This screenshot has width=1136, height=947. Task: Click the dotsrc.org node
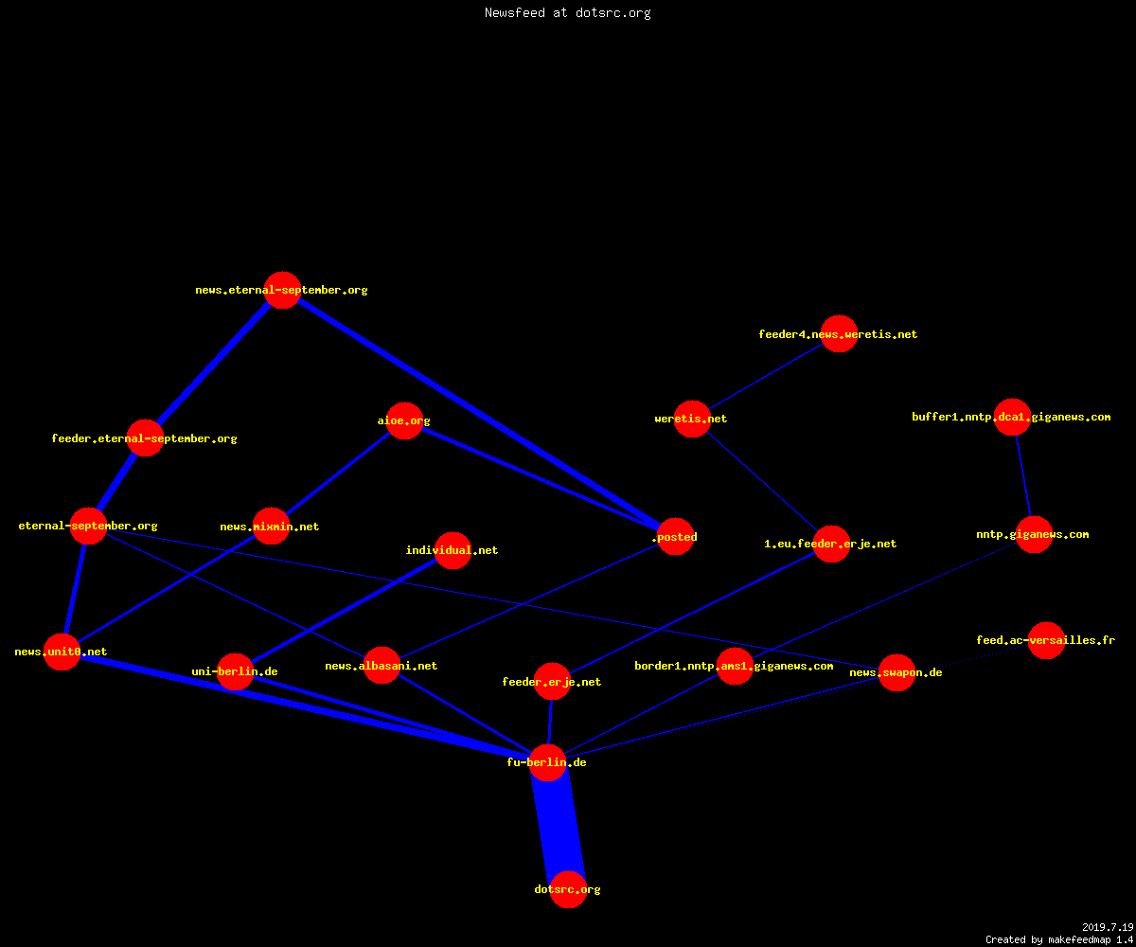568,889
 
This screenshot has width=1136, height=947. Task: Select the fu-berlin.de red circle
547,762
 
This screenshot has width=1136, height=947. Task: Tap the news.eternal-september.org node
282,290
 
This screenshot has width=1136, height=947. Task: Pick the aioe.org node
404,420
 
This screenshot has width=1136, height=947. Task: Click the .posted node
675,537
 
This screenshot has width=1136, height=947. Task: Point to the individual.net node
453,550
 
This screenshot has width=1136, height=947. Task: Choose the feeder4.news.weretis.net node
839,333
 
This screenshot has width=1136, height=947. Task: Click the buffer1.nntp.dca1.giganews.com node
1012,417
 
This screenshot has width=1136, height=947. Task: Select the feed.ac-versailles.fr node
1046,640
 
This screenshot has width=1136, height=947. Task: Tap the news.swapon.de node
896,672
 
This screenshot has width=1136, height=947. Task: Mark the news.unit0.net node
62,652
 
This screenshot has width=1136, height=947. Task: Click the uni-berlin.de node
235,671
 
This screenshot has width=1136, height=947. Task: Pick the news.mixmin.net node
271,527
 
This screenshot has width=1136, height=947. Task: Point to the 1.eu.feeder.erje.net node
831,544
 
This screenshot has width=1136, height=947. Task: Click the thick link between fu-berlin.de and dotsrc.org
558,826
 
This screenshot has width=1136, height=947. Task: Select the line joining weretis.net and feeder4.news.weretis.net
766,376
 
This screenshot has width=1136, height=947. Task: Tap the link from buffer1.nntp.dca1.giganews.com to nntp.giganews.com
1023,475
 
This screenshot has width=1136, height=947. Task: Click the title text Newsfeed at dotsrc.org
567,12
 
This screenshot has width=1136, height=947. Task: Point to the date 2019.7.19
1108,927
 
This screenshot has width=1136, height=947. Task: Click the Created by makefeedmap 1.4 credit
1059,939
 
